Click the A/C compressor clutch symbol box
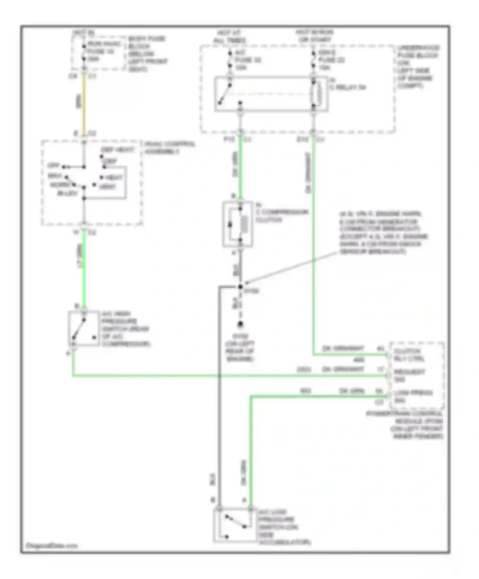238,224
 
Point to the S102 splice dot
240,287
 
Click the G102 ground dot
240,324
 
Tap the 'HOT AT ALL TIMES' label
230,36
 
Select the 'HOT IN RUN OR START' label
315,36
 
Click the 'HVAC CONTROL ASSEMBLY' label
170,147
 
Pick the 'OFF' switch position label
53,166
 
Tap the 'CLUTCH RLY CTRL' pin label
409,355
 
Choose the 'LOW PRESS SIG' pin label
413,396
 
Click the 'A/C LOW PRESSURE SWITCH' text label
284,527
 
